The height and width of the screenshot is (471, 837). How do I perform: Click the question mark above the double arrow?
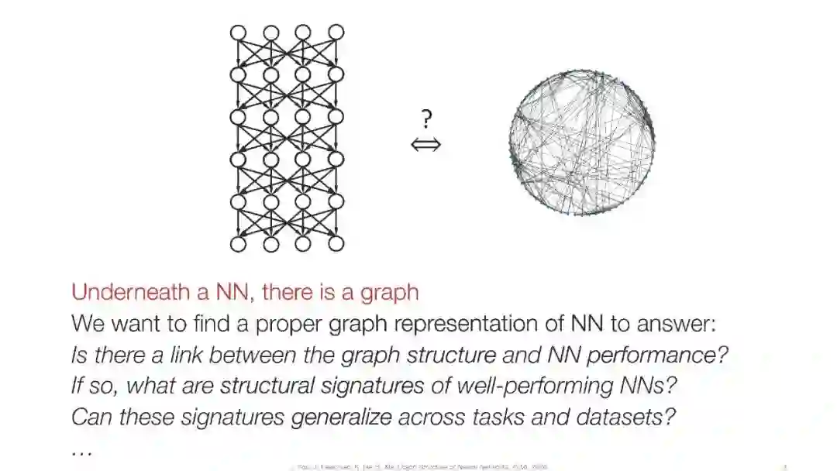click(x=426, y=119)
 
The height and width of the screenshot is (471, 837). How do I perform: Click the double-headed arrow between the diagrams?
click(x=426, y=144)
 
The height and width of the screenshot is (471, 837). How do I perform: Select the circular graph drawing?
click(x=581, y=143)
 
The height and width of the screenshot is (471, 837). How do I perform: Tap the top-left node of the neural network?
click(x=238, y=33)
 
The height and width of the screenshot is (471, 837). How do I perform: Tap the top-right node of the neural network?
click(x=336, y=33)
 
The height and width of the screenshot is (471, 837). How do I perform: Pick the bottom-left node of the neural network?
click(x=238, y=244)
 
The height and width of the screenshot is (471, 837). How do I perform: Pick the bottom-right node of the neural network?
click(x=336, y=244)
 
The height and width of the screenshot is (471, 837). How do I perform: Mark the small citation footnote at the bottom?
click(x=418, y=466)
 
